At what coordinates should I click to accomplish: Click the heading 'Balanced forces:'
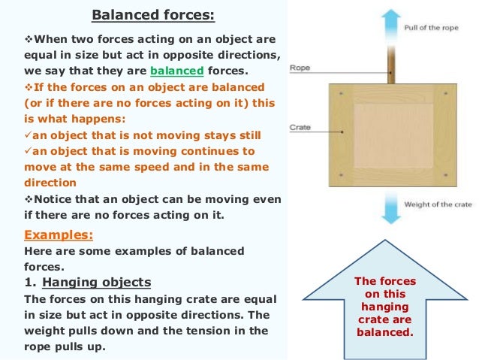(x=143, y=14)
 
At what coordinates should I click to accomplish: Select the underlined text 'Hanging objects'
(x=97, y=283)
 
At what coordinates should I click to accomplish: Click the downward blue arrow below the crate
(x=390, y=207)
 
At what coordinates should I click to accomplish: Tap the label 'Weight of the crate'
(x=437, y=204)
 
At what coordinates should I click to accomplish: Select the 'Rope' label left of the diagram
(x=300, y=68)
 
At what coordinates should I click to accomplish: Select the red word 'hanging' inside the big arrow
(x=384, y=307)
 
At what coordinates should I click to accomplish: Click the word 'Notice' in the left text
(x=53, y=198)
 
